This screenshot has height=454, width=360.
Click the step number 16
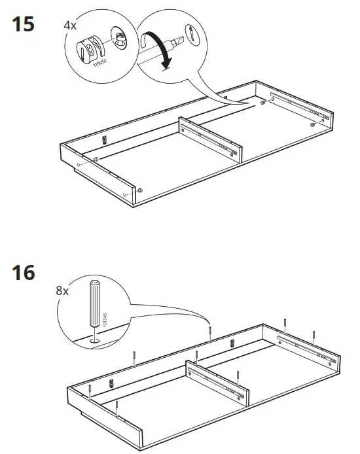(x=24, y=271)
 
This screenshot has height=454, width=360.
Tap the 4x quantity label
(x=70, y=26)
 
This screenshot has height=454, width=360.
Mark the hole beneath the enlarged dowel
(x=95, y=340)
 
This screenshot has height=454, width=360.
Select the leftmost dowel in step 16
(x=88, y=392)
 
